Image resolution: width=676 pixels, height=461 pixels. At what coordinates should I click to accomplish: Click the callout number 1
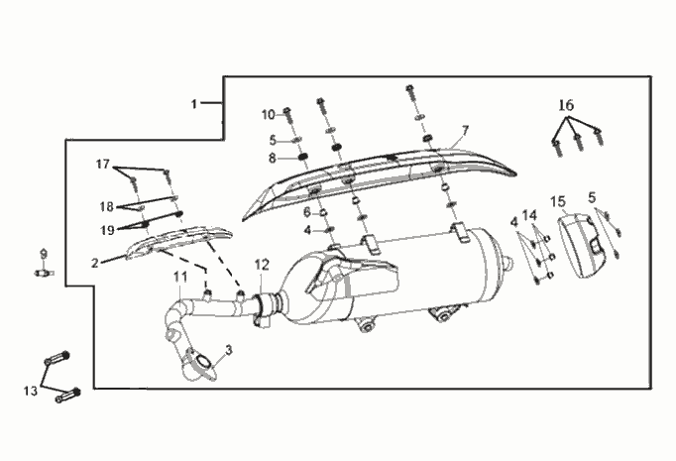pyautogui.click(x=194, y=104)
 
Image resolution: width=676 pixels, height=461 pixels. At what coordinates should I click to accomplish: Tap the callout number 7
pyautogui.click(x=465, y=130)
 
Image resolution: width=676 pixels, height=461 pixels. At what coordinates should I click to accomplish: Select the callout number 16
pyautogui.click(x=567, y=105)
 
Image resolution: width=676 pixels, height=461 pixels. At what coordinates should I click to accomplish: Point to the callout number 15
pyautogui.click(x=558, y=201)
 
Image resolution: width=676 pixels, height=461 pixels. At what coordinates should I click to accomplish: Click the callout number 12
pyautogui.click(x=262, y=265)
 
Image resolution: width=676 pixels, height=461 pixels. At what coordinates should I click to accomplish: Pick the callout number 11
pyautogui.click(x=180, y=277)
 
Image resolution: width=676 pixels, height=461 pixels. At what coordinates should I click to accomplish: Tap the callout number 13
pyautogui.click(x=31, y=392)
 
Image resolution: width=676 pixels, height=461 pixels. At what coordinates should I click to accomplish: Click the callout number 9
pyautogui.click(x=43, y=254)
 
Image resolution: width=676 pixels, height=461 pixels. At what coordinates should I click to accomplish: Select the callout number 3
pyautogui.click(x=229, y=350)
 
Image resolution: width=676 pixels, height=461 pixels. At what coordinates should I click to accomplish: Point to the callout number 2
pyautogui.click(x=95, y=263)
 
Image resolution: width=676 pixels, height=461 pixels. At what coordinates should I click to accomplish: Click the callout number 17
pyautogui.click(x=103, y=165)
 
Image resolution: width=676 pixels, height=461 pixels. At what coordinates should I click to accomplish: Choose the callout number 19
pyautogui.click(x=107, y=230)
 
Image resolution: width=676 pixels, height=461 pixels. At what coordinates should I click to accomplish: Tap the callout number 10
pyautogui.click(x=269, y=115)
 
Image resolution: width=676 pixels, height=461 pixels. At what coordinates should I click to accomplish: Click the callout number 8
pyautogui.click(x=272, y=159)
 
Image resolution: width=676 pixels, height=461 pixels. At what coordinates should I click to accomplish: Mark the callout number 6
pyautogui.click(x=307, y=212)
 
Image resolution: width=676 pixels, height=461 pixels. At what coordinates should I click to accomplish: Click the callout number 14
pyautogui.click(x=530, y=215)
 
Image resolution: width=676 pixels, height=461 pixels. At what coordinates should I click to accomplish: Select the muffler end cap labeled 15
pyautogui.click(x=582, y=245)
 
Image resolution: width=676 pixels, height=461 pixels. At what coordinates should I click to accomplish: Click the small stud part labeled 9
pyautogui.click(x=44, y=273)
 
